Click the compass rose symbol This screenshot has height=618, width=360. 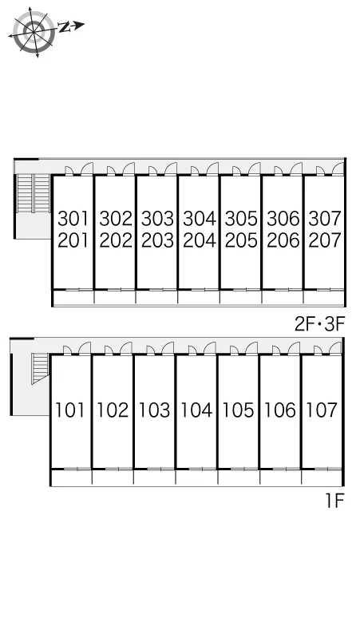tap(33, 31)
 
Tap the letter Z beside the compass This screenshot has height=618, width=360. tap(64, 27)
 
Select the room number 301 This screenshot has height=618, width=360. tap(73, 218)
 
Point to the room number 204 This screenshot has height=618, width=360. tap(200, 240)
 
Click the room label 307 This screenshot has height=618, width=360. tap(325, 218)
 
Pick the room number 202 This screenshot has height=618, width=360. tap(116, 240)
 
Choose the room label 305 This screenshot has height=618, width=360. tap(241, 218)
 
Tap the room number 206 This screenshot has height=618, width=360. tap(283, 240)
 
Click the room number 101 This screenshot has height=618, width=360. tap(69, 410)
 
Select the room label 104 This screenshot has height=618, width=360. tap(196, 410)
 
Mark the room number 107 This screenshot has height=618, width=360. tap(322, 410)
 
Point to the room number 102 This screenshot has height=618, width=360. tap(113, 410)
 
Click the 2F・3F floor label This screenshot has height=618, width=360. tap(320, 324)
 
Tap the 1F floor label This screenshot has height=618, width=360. tap(334, 501)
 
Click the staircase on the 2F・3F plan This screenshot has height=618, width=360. tap(33, 193)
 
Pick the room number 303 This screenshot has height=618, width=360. tap(157, 218)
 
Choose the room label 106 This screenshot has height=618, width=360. tap(280, 410)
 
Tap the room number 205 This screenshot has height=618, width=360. tap(241, 240)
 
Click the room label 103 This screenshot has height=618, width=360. tap(154, 410)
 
